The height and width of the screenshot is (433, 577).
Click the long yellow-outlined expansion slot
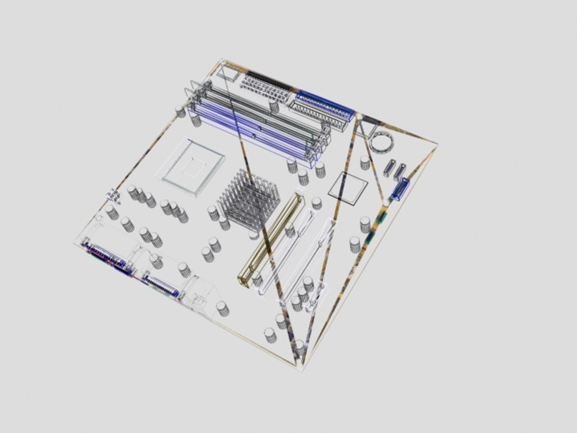271,241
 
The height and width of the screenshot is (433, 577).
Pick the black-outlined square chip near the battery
348,188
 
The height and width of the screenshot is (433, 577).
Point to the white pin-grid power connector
264,89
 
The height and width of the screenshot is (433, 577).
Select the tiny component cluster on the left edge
113,196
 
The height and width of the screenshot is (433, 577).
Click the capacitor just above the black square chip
365,162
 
